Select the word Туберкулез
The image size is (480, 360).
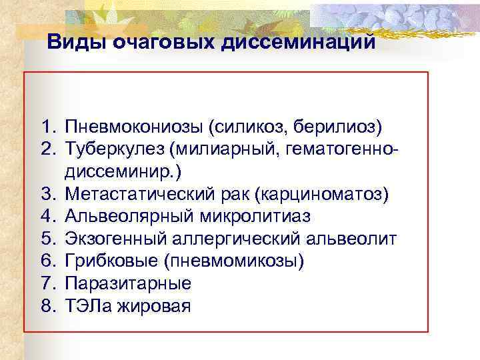tap(110, 147)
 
